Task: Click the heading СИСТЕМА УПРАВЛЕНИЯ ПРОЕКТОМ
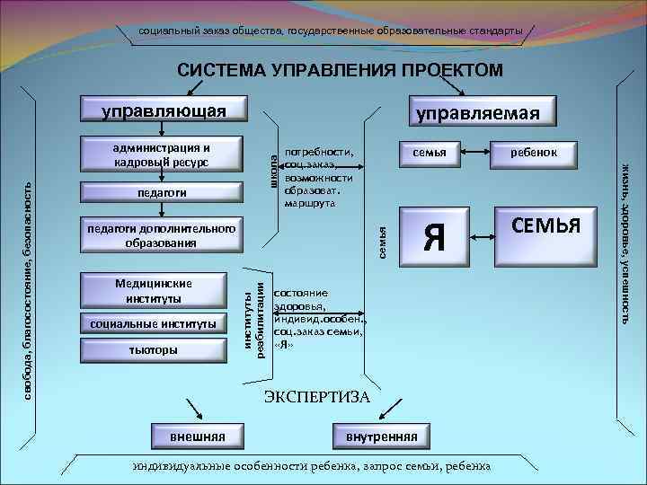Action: (340, 70)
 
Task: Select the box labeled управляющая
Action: (163, 110)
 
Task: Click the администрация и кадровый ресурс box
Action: (163, 155)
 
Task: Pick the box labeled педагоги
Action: (163, 193)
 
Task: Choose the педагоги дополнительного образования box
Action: (163, 235)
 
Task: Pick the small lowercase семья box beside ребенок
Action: (429, 153)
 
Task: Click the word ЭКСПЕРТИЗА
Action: (316, 396)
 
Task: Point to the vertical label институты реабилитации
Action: (254, 317)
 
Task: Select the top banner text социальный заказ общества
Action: (330, 31)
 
